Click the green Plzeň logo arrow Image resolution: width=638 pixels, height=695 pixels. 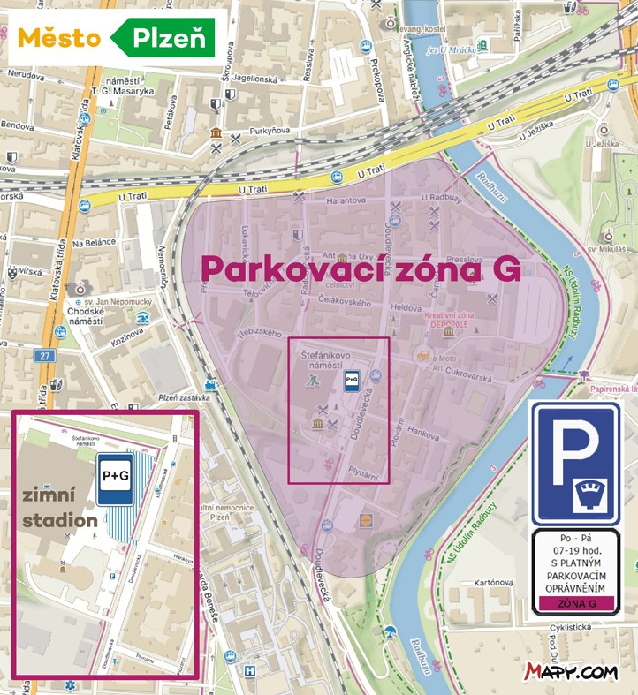(163, 38)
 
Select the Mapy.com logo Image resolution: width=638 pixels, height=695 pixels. (571, 672)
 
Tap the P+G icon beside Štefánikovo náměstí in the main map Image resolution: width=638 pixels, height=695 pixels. (351, 381)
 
